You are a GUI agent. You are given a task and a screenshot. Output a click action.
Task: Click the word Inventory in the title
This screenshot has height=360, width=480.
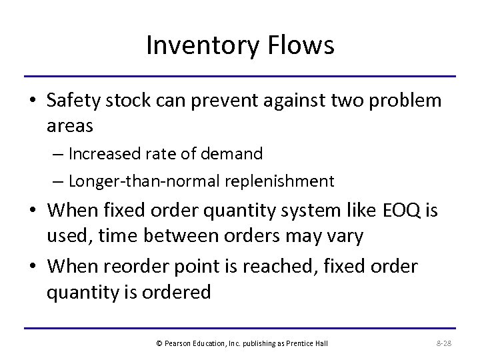pyautogui.click(x=193, y=45)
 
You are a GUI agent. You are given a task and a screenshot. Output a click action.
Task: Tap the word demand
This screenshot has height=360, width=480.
pyautogui.click(x=236, y=154)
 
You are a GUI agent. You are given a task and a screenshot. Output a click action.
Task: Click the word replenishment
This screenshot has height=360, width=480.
pyautogui.click(x=278, y=181)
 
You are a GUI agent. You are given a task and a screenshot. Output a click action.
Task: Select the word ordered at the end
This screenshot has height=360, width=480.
pyautogui.click(x=179, y=291)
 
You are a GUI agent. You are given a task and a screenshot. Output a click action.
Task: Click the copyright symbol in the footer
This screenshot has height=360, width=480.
pyautogui.click(x=159, y=343)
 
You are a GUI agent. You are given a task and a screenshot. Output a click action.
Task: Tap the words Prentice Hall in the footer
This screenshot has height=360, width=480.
pyautogui.click(x=312, y=343)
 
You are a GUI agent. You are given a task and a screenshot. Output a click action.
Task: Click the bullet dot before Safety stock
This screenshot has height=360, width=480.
pyautogui.click(x=33, y=101)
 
